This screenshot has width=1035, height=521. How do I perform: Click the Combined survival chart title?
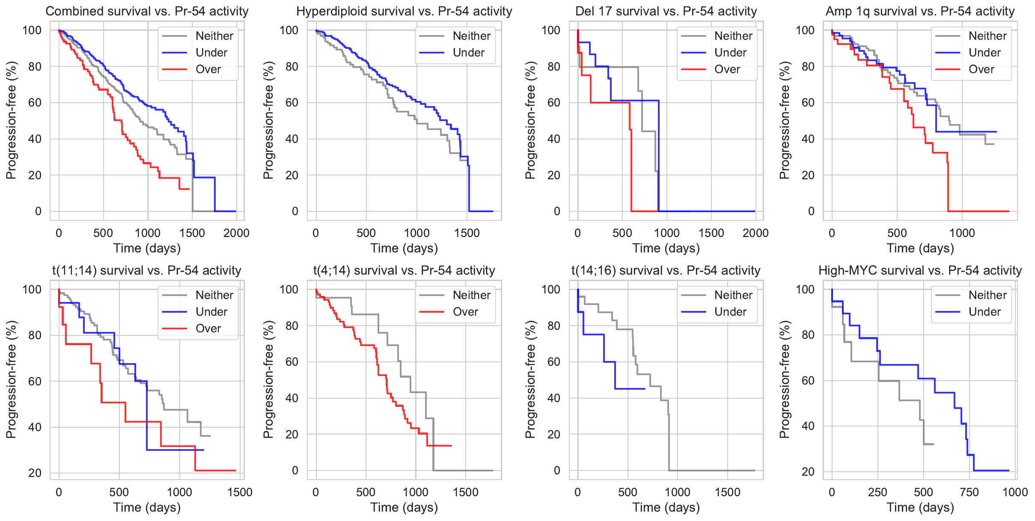[147, 11]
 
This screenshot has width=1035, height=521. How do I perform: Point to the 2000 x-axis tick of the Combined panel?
[236, 233]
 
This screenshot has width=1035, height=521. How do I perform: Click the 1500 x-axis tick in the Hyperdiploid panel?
[467, 233]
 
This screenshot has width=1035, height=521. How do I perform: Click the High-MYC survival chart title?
[920, 270]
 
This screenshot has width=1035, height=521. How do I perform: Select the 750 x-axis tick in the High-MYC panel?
[969, 492]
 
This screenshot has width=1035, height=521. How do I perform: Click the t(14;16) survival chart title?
[666, 270]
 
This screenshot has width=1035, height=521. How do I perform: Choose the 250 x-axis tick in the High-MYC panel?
[877, 492]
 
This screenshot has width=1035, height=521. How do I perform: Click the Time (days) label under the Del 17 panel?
[666, 248]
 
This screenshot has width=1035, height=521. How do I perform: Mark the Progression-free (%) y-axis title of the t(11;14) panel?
[11, 379]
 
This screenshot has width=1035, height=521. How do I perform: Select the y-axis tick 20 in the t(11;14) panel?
[35, 473]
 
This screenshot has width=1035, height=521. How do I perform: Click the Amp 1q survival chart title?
[920, 11]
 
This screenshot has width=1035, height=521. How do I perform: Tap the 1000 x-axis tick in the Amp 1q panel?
[962, 233]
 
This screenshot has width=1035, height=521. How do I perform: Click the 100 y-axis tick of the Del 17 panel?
[550, 30]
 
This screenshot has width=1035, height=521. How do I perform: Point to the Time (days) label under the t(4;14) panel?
[404, 507]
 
